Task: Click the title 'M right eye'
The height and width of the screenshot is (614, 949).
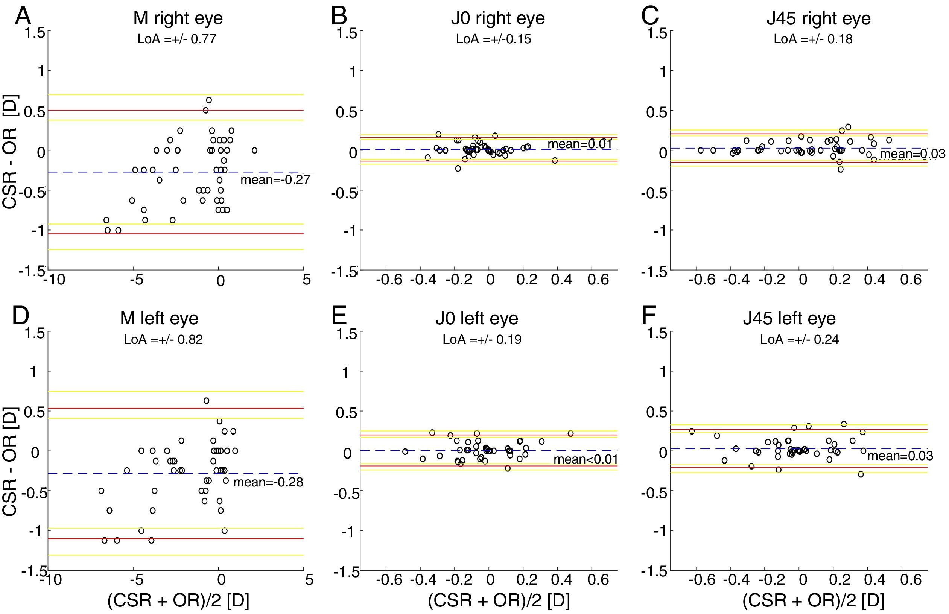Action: point(178,18)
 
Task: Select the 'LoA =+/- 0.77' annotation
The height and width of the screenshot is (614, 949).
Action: point(176,39)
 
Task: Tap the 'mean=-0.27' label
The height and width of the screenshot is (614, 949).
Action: point(275,180)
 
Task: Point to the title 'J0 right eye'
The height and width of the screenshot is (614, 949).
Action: point(497,18)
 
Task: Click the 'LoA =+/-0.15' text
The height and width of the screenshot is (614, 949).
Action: point(494,39)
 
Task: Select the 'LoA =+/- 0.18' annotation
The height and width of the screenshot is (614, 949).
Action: point(813,39)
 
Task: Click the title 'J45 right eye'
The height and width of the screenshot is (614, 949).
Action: point(818,18)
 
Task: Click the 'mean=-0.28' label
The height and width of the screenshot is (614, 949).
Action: point(268,482)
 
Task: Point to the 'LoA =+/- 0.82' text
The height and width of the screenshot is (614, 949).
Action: point(163,340)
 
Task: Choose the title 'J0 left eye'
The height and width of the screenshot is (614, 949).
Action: point(476,318)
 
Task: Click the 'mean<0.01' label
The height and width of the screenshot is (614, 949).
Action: point(586,460)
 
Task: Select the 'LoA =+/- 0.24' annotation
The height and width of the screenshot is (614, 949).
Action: point(800,340)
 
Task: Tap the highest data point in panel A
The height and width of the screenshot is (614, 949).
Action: point(208,100)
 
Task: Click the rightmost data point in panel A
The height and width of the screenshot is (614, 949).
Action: point(254,150)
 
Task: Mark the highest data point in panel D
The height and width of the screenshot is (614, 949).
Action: point(206,401)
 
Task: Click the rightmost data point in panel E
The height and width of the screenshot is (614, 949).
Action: point(570,433)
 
